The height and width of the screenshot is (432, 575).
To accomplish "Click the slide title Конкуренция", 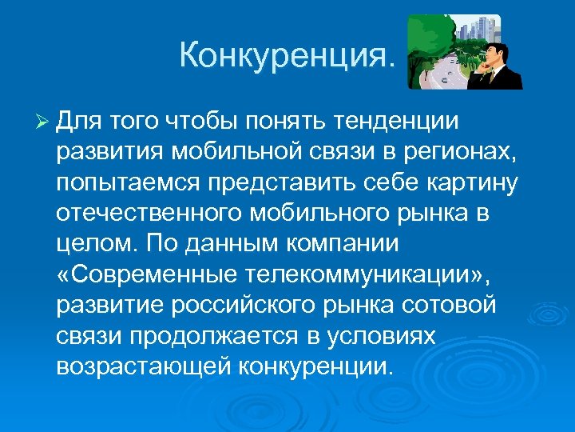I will tap(287, 55).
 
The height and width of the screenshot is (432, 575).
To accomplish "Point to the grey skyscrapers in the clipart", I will tap(478, 32).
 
